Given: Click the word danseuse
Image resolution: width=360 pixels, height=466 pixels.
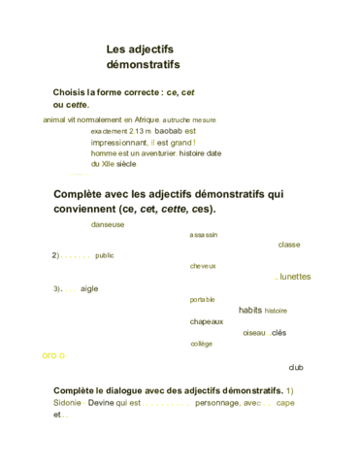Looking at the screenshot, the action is click(108, 224).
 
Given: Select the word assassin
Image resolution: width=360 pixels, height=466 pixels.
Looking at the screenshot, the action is click(204, 235).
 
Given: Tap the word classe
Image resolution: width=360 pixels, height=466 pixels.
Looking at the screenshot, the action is click(289, 245).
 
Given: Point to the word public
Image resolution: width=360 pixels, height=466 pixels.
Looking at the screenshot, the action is click(105, 255).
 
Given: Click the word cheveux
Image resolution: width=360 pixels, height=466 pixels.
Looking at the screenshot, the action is click(203, 265).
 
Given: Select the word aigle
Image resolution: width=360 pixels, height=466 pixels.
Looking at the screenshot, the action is click(89, 288).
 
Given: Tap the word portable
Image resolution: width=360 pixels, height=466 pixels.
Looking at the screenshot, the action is click(203, 299).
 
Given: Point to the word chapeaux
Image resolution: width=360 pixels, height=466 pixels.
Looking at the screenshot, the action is click(207, 321).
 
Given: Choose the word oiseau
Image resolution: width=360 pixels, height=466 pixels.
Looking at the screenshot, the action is click(254, 333).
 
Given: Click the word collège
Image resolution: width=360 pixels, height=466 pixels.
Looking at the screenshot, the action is click(201, 344).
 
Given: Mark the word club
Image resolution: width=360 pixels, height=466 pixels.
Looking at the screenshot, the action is click(296, 367).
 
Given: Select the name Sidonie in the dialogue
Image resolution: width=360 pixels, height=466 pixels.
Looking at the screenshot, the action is click(68, 402).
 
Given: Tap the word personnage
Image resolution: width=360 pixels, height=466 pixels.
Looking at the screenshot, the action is click(215, 402).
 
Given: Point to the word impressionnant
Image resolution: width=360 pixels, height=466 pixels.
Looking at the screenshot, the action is click(119, 142).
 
